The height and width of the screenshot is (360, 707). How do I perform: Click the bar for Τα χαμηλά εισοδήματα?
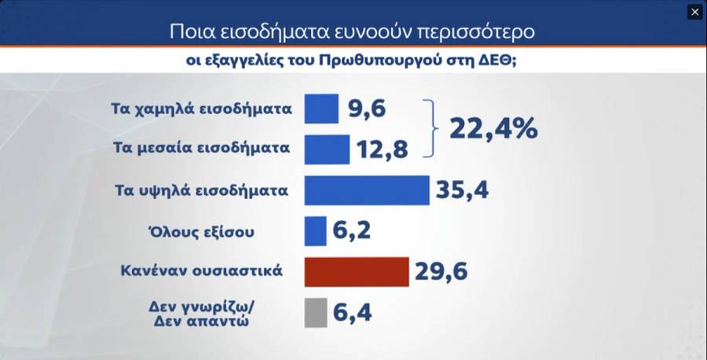(x=321, y=108)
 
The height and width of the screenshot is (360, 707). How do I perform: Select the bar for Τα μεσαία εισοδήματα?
(x=327, y=149)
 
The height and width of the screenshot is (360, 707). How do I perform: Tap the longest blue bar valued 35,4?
(x=366, y=189)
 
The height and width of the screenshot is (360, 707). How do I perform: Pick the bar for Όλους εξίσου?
(x=315, y=230)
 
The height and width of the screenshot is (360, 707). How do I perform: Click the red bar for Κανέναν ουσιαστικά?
(x=356, y=271)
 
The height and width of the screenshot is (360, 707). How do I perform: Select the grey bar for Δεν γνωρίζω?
(x=315, y=312)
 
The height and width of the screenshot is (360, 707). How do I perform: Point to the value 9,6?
(x=367, y=108)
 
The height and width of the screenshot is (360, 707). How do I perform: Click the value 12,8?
(x=381, y=149)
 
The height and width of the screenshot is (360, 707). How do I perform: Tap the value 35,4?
(x=462, y=189)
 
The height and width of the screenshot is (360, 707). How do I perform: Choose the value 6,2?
(x=351, y=230)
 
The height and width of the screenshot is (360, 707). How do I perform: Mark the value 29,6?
(x=441, y=271)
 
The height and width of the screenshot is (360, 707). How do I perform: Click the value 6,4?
(x=351, y=312)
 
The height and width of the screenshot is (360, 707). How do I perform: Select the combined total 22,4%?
(x=493, y=128)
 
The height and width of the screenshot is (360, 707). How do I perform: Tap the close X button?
(x=694, y=12)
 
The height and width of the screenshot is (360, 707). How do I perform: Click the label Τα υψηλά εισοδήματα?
(x=201, y=189)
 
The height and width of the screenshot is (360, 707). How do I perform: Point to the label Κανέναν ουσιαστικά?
(x=200, y=271)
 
